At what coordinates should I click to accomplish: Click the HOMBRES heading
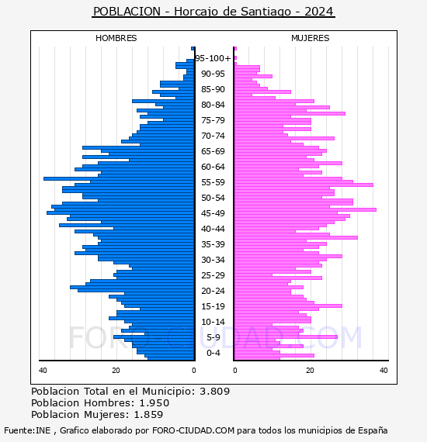[x=116, y=38]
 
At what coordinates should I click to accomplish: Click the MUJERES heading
[x=311, y=38]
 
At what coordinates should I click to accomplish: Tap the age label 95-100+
[x=213, y=58]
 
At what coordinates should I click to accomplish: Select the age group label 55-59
[x=213, y=182]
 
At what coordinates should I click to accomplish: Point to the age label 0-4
[x=213, y=353]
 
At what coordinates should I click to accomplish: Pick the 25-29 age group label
[x=213, y=275]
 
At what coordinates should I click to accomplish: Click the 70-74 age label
[x=213, y=136]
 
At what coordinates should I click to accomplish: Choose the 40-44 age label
[x=213, y=229]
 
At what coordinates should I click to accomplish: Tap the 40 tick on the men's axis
[x=43, y=371]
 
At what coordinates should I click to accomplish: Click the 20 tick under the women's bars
[x=310, y=371]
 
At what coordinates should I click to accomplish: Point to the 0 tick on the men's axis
[x=193, y=371]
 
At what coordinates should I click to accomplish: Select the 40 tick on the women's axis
[x=384, y=371]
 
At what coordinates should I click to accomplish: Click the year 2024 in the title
[x=319, y=12]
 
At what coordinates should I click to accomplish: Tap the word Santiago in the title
[x=266, y=12]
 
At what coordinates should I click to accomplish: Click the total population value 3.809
[x=215, y=392]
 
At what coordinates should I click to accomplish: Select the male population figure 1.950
[x=154, y=402]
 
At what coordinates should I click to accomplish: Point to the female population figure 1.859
[x=148, y=414]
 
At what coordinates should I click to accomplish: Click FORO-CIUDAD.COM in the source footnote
[x=193, y=430]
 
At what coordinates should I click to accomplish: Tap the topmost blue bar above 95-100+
[x=193, y=49]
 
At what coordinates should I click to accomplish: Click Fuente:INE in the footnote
[x=27, y=430]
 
